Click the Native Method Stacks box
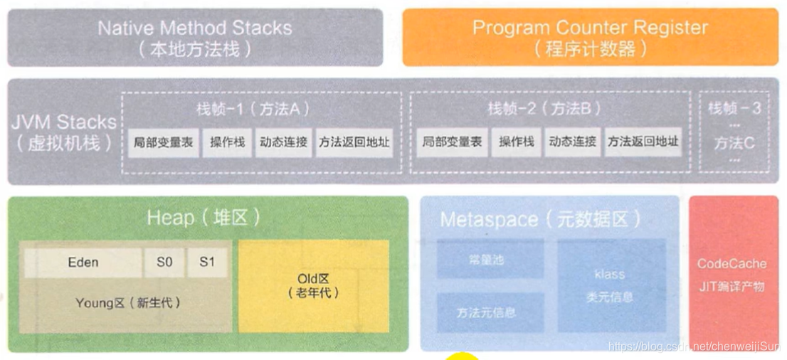(x=195, y=38)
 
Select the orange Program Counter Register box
(x=590, y=37)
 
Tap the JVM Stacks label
(x=64, y=131)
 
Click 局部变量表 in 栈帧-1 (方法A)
(x=163, y=142)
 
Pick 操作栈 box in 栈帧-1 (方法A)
(x=227, y=142)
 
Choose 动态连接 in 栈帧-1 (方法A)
(x=283, y=142)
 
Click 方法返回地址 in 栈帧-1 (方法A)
(x=354, y=142)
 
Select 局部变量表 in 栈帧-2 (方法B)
(x=452, y=142)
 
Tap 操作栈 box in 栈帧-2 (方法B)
(x=516, y=142)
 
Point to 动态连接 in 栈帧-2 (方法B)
(x=573, y=142)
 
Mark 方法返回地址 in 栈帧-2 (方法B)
(x=643, y=142)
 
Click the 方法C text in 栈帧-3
(x=734, y=143)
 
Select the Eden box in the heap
(x=83, y=263)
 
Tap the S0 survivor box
(x=164, y=263)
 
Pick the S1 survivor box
(x=207, y=263)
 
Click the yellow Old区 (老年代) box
(x=313, y=285)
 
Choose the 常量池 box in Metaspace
(x=490, y=260)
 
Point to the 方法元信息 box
(x=490, y=312)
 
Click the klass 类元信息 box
(x=611, y=285)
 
